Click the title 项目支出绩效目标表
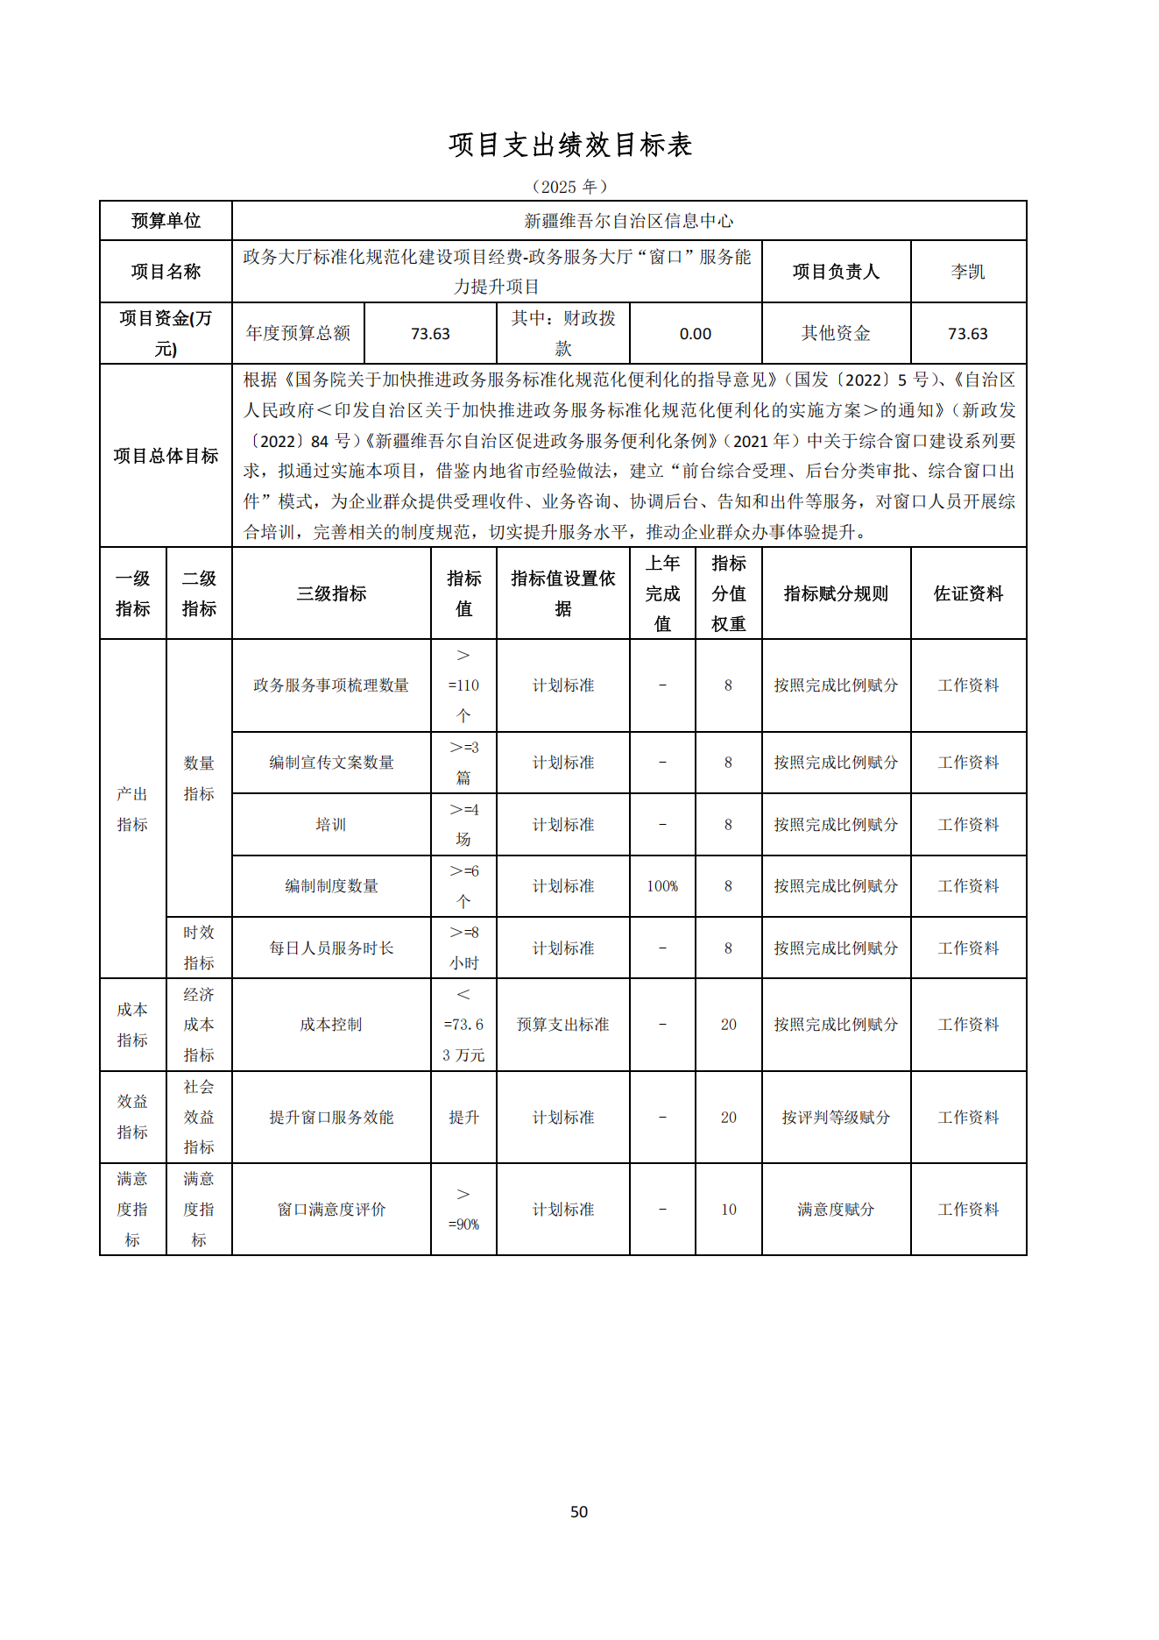point(570,146)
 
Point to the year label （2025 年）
point(569,187)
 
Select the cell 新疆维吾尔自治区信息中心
point(628,221)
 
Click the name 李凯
point(967,272)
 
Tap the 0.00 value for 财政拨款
point(695,334)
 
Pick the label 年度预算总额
point(298,333)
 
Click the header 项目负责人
point(835,272)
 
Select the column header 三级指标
point(331,593)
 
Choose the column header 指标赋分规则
point(835,593)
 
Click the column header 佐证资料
point(967,593)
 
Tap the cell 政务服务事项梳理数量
point(331,685)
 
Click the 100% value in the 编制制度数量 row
point(662,886)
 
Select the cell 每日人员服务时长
point(331,948)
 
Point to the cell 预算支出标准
point(562,1025)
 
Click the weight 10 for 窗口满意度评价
point(728,1210)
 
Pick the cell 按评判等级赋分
point(835,1118)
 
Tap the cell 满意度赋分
point(835,1210)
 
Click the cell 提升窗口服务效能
point(331,1118)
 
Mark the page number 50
point(579,1511)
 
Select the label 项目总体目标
point(166,456)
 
